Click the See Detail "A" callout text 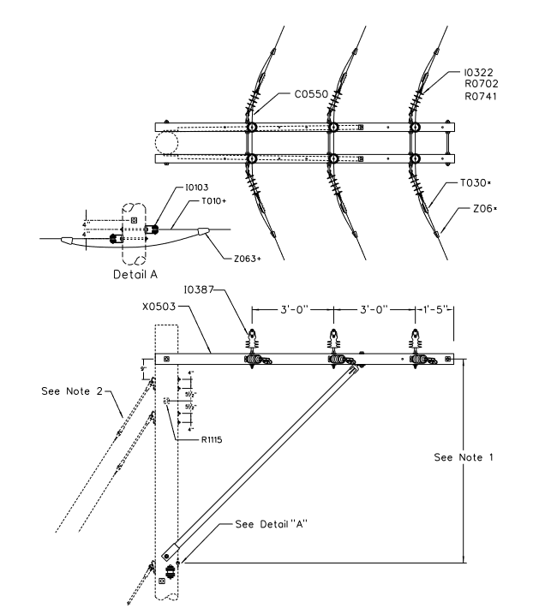tap(276, 525)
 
